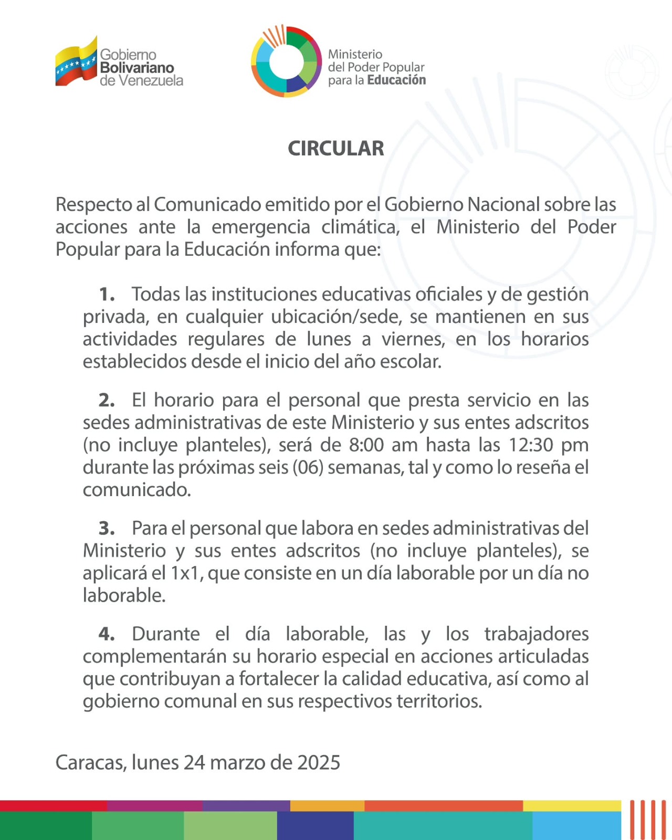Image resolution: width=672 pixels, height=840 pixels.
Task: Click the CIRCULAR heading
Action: click(x=336, y=149)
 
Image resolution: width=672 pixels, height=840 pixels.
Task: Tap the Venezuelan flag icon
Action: click(x=76, y=62)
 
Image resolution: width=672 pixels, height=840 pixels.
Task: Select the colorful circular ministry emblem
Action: click(x=286, y=61)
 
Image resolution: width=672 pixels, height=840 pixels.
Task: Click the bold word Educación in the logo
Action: click(x=396, y=80)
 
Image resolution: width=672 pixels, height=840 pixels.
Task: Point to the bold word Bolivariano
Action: click(x=137, y=68)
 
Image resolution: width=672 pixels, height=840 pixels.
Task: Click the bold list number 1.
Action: click(x=107, y=295)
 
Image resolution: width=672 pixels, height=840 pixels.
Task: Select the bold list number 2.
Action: click(x=107, y=401)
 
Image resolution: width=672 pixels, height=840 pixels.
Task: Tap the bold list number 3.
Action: click(x=107, y=528)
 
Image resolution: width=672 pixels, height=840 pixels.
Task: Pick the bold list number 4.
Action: click(x=107, y=634)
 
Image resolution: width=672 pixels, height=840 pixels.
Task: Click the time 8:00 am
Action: click(x=383, y=445)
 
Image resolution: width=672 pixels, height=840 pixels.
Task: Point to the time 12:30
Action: click(x=531, y=445)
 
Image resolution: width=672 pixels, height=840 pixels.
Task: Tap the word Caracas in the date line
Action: click(x=91, y=763)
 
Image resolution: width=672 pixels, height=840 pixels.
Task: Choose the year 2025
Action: click(x=319, y=763)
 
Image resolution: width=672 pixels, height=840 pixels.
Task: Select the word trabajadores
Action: click(x=536, y=634)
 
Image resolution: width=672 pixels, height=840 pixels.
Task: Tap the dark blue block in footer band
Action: click(x=315, y=826)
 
